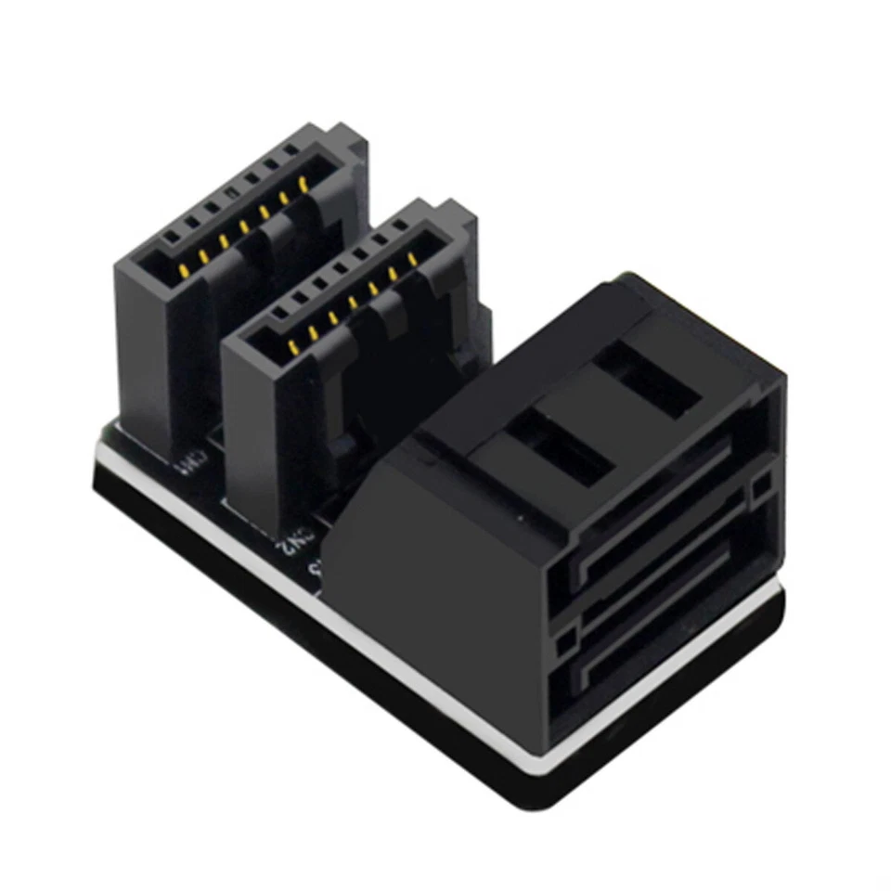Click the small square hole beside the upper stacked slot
pyautogui.click(x=763, y=481)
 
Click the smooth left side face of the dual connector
pyautogui.click(x=427, y=594)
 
